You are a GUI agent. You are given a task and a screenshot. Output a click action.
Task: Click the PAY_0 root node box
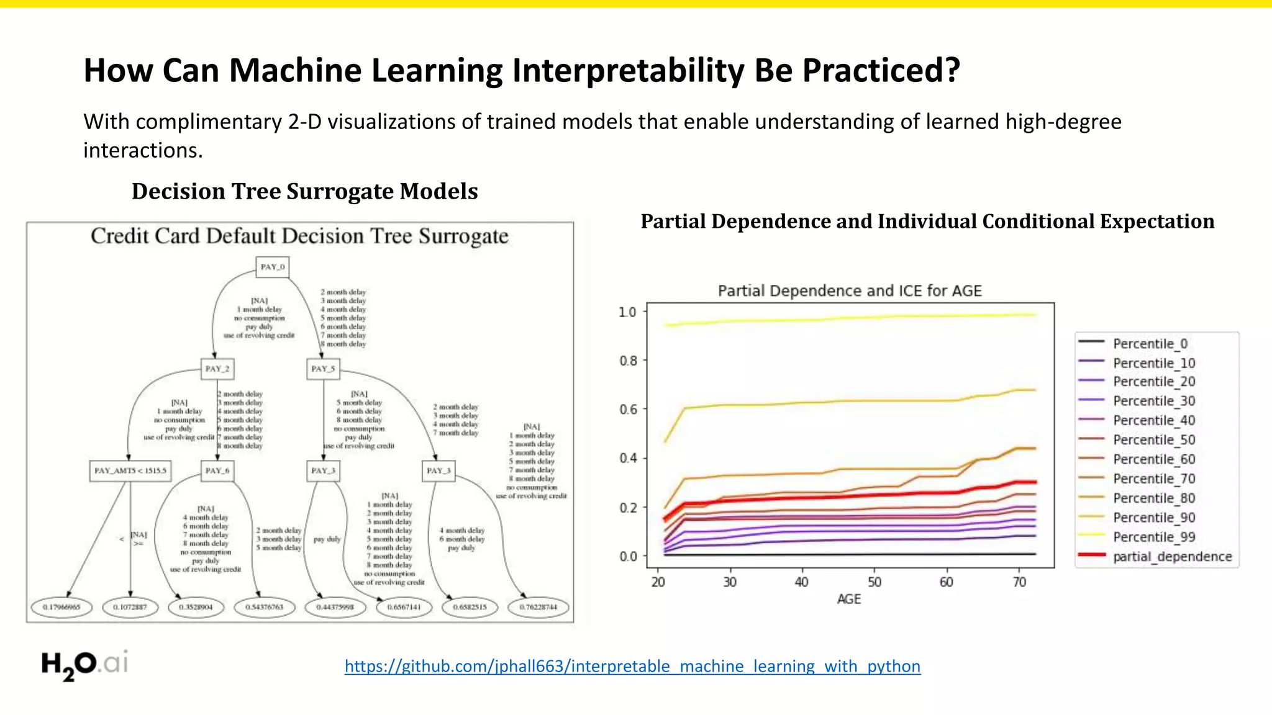click(x=272, y=267)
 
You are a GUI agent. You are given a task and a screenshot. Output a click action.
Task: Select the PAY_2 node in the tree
click(x=217, y=369)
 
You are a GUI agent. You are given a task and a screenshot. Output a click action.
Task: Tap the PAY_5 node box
click(x=323, y=369)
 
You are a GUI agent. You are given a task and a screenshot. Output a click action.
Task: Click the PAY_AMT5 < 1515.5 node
click(x=130, y=470)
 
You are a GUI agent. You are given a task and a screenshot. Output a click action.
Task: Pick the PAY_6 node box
click(x=217, y=470)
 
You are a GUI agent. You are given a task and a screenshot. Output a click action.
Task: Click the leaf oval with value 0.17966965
click(x=61, y=607)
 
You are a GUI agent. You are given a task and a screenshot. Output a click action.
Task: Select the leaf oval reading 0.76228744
click(x=538, y=607)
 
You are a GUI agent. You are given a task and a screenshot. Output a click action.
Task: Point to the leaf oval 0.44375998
click(x=335, y=607)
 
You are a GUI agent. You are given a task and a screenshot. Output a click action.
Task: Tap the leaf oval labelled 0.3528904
click(x=196, y=607)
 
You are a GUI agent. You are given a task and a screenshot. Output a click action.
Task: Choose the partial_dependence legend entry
click(x=1171, y=557)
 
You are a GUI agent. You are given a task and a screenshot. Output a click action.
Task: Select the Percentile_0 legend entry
click(x=1150, y=344)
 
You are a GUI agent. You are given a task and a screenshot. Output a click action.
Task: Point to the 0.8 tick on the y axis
click(x=628, y=361)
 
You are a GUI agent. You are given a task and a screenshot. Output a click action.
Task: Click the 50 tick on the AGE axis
click(x=874, y=582)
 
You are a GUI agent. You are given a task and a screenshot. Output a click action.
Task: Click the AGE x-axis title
click(x=848, y=599)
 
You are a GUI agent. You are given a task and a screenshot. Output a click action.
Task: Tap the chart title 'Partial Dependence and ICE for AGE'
click(x=850, y=290)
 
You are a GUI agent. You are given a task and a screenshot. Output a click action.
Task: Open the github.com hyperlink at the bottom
click(x=632, y=666)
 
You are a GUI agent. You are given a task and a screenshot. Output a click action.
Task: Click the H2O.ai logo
click(x=85, y=665)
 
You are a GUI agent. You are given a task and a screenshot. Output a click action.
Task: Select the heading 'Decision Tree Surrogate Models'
click(x=304, y=191)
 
